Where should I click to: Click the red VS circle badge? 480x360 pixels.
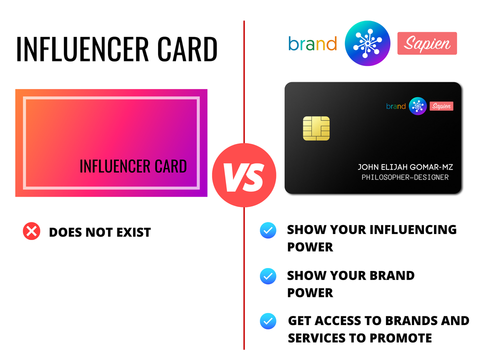click(x=244, y=175)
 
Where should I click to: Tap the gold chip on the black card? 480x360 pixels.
click(x=316, y=128)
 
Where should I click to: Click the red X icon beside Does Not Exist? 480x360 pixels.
click(x=31, y=231)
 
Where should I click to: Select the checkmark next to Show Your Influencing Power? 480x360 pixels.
click(x=268, y=230)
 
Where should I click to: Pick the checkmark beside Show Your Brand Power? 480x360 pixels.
click(x=268, y=276)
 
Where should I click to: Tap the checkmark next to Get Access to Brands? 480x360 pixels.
click(x=268, y=321)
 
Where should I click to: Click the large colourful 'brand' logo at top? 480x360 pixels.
click(x=312, y=43)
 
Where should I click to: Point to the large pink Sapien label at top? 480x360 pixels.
click(x=427, y=43)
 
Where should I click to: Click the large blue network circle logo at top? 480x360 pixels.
click(x=367, y=43)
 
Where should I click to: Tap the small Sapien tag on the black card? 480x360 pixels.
click(x=441, y=106)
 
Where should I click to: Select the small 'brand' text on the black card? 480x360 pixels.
click(x=396, y=106)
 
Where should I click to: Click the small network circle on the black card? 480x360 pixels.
click(x=417, y=106)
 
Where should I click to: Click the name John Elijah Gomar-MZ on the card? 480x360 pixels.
click(x=405, y=167)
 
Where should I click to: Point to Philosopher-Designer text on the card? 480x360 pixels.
click(x=405, y=177)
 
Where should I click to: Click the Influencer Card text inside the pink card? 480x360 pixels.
click(x=133, y=166)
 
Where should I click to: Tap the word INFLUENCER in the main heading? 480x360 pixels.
click(x=82, y=49)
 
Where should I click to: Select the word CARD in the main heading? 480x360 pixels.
click(x=187, y=49)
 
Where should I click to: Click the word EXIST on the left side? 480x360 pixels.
click(x=133, y=232)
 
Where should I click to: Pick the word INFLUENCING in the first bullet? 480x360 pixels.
click(x=413, y=229)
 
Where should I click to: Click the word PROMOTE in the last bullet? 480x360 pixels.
click(x=400, y=338)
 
